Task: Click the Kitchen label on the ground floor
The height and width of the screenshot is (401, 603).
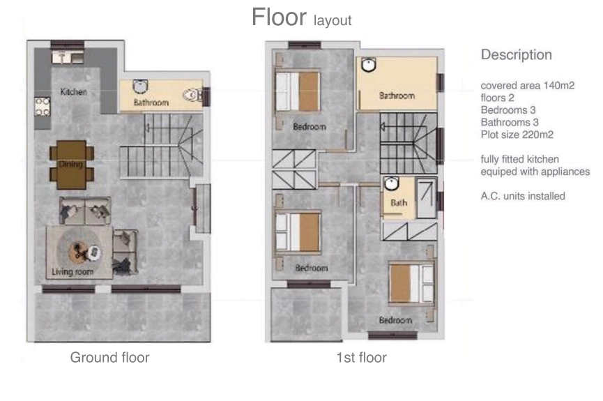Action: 73,91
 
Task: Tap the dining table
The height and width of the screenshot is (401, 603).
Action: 72,165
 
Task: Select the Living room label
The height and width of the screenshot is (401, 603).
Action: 72,272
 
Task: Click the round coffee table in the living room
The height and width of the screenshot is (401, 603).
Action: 80,252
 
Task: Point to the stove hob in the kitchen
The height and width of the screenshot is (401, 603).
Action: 43,107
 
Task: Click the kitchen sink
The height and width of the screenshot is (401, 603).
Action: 68,56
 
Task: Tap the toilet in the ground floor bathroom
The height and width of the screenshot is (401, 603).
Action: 192,95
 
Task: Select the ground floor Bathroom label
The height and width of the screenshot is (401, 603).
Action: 151,103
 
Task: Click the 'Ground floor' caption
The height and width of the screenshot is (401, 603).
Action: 109,358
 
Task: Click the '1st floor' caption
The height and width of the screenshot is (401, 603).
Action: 362,358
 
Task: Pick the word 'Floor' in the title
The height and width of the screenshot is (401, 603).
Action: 279,17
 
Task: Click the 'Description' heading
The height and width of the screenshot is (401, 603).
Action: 517,54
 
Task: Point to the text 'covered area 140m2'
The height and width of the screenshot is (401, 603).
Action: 528,86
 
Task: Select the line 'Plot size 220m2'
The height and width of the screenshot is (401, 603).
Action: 517,135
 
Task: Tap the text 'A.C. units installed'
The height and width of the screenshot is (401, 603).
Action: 523,196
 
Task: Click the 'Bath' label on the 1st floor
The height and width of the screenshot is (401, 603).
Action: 399,202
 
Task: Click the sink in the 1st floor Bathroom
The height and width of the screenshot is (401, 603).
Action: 369,64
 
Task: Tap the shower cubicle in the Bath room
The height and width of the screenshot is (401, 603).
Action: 427,197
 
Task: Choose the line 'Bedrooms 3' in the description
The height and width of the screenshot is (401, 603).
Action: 508,110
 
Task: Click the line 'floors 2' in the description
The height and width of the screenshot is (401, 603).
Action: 497,98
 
